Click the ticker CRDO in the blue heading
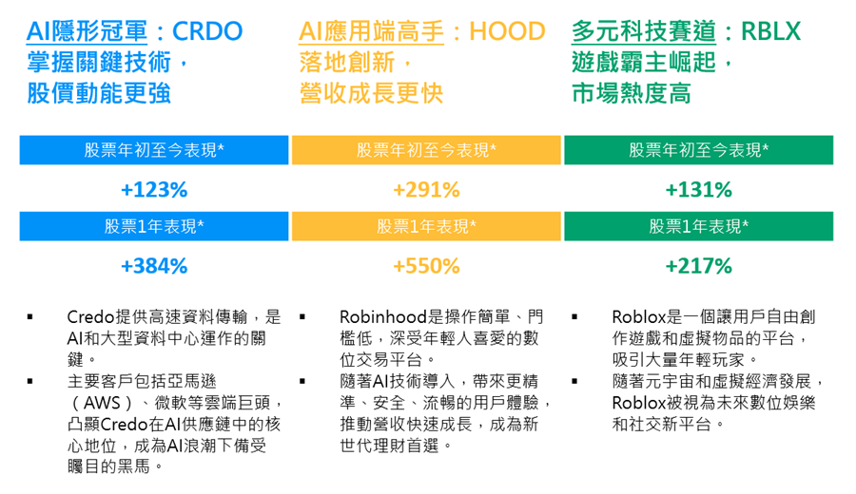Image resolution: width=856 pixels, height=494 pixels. coord(207,31)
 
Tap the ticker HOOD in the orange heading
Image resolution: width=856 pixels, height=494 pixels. coord(507,31)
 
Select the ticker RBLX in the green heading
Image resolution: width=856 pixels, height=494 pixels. coord(770,31)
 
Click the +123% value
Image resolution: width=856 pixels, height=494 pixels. coord(154,190)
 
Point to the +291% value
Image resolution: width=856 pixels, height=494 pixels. coord(426,190)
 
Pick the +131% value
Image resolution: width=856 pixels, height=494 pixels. coord(698,190)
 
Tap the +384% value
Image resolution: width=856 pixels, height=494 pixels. coord(154,266)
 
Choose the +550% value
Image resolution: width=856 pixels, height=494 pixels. coord(426,266)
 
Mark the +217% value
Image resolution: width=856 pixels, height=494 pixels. coord(698,266)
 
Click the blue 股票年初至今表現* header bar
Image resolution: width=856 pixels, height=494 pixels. coord(154,150)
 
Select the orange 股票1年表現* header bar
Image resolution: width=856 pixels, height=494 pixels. coord(426,226)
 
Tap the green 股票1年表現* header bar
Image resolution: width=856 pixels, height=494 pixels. coord(699,226)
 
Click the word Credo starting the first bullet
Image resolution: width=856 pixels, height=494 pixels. coord(91,316)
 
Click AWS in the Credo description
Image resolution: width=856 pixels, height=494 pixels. coord(102,403)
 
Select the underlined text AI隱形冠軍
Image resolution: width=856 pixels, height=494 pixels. coord(87,31)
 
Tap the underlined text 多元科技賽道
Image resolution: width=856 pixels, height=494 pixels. coord(644,31)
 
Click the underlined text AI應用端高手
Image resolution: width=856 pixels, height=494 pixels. coord(371,31)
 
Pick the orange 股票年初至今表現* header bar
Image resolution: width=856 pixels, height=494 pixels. coord(426,150)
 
